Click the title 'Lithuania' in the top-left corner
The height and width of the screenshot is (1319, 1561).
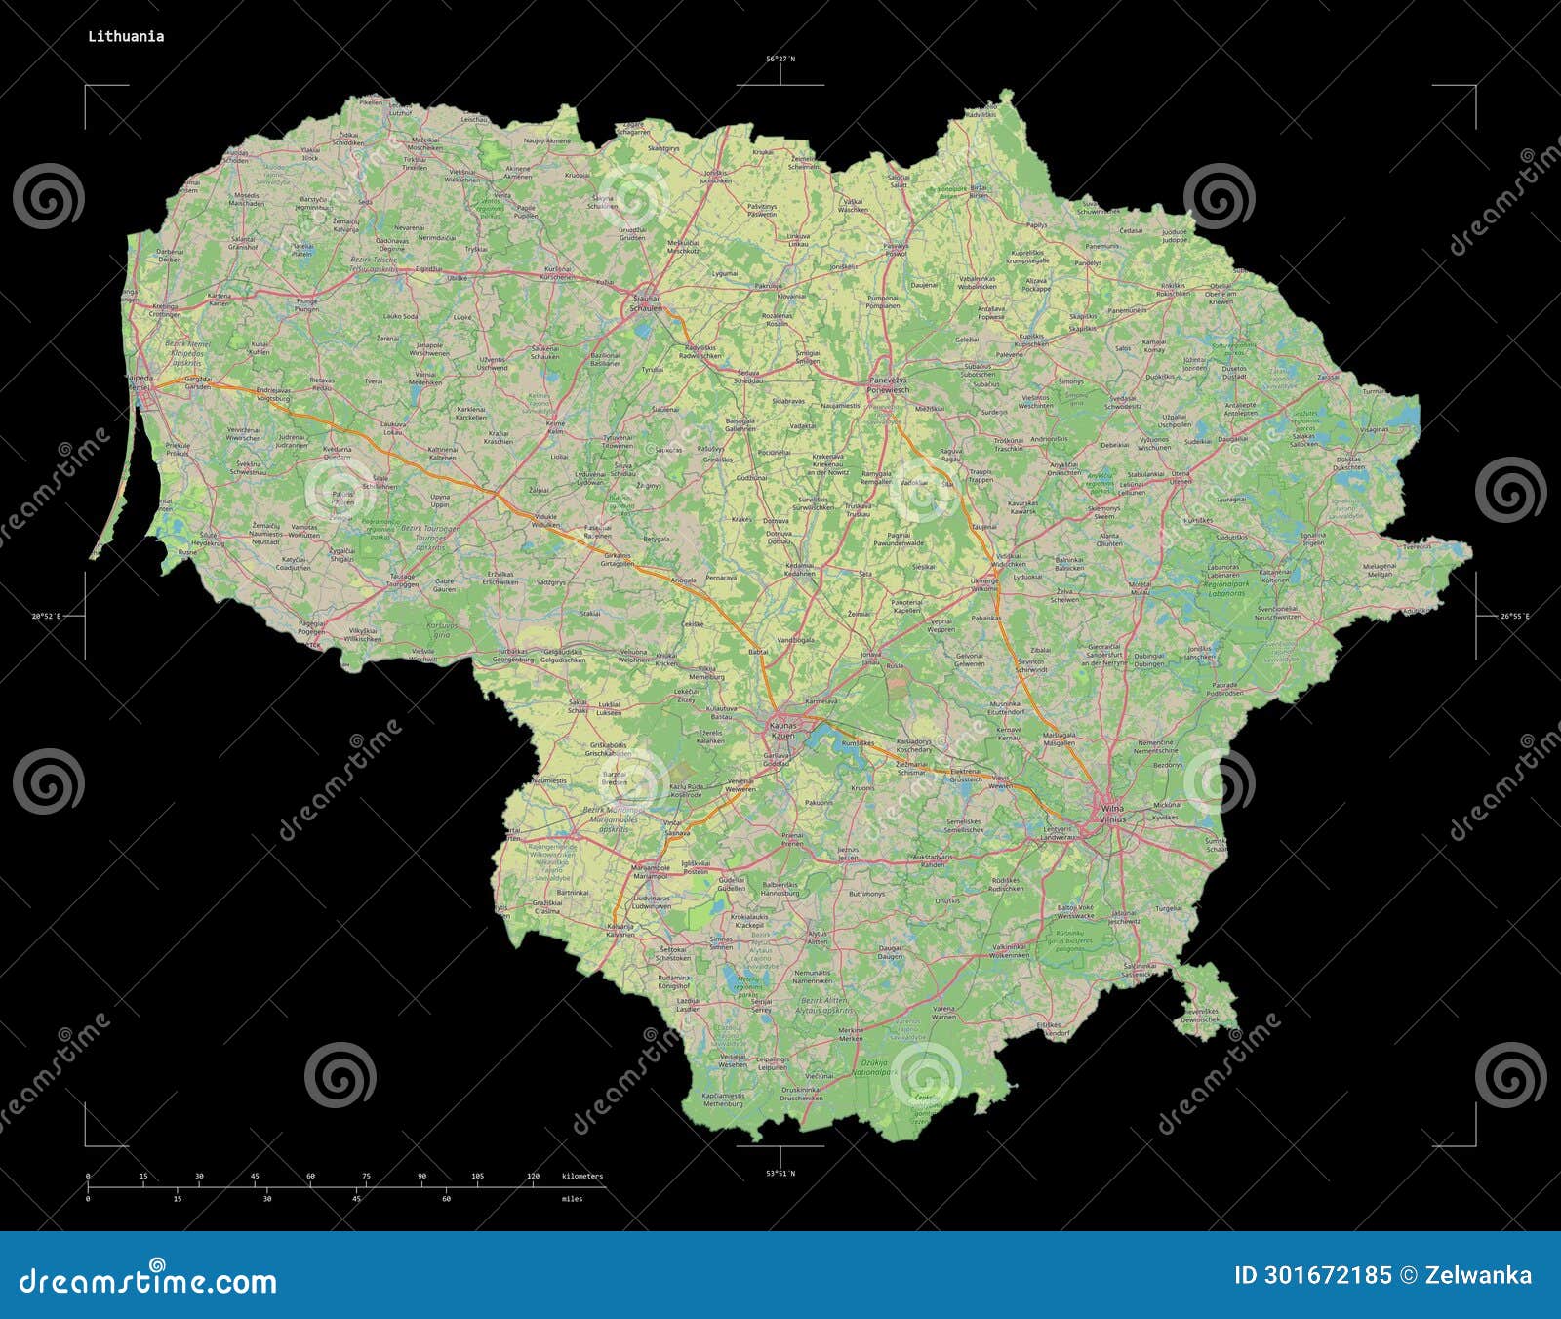(x=126, y=37)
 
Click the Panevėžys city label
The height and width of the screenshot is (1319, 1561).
(x=888, y=383)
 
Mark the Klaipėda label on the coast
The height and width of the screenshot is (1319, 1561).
(x=140, y=380)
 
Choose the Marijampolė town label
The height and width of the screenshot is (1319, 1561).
(x=651, y=866)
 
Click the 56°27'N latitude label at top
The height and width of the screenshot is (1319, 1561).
(x=780, y=60)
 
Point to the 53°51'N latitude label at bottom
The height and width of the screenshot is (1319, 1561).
(x=780, y=1173)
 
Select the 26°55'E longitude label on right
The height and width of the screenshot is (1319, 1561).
(x=1515, y=616)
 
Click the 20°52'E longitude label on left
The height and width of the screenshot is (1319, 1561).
(x=46, y=616)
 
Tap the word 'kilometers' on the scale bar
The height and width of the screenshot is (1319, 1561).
(x=582, y=1176)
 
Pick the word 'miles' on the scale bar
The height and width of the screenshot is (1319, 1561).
(x=573, y=1199)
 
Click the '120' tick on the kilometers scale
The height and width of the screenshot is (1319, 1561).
(x=533, y=1176)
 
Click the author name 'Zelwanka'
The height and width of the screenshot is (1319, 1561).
(x=1478, y=1275)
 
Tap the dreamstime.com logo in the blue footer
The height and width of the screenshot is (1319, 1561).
(x=148, y=1281)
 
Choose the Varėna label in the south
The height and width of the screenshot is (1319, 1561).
(x=943, y=1012)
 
